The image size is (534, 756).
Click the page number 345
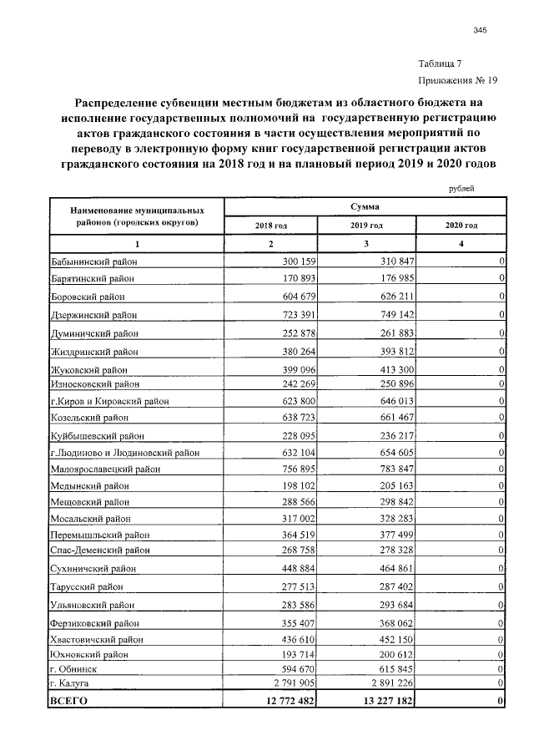click(x=479, y=31)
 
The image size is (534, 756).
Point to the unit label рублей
click(x=460, y=189)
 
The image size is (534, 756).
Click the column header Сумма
click(x=365, y=205)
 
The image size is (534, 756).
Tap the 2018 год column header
click(x=270, y=226)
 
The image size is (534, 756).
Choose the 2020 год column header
click(x=460, y=226)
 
